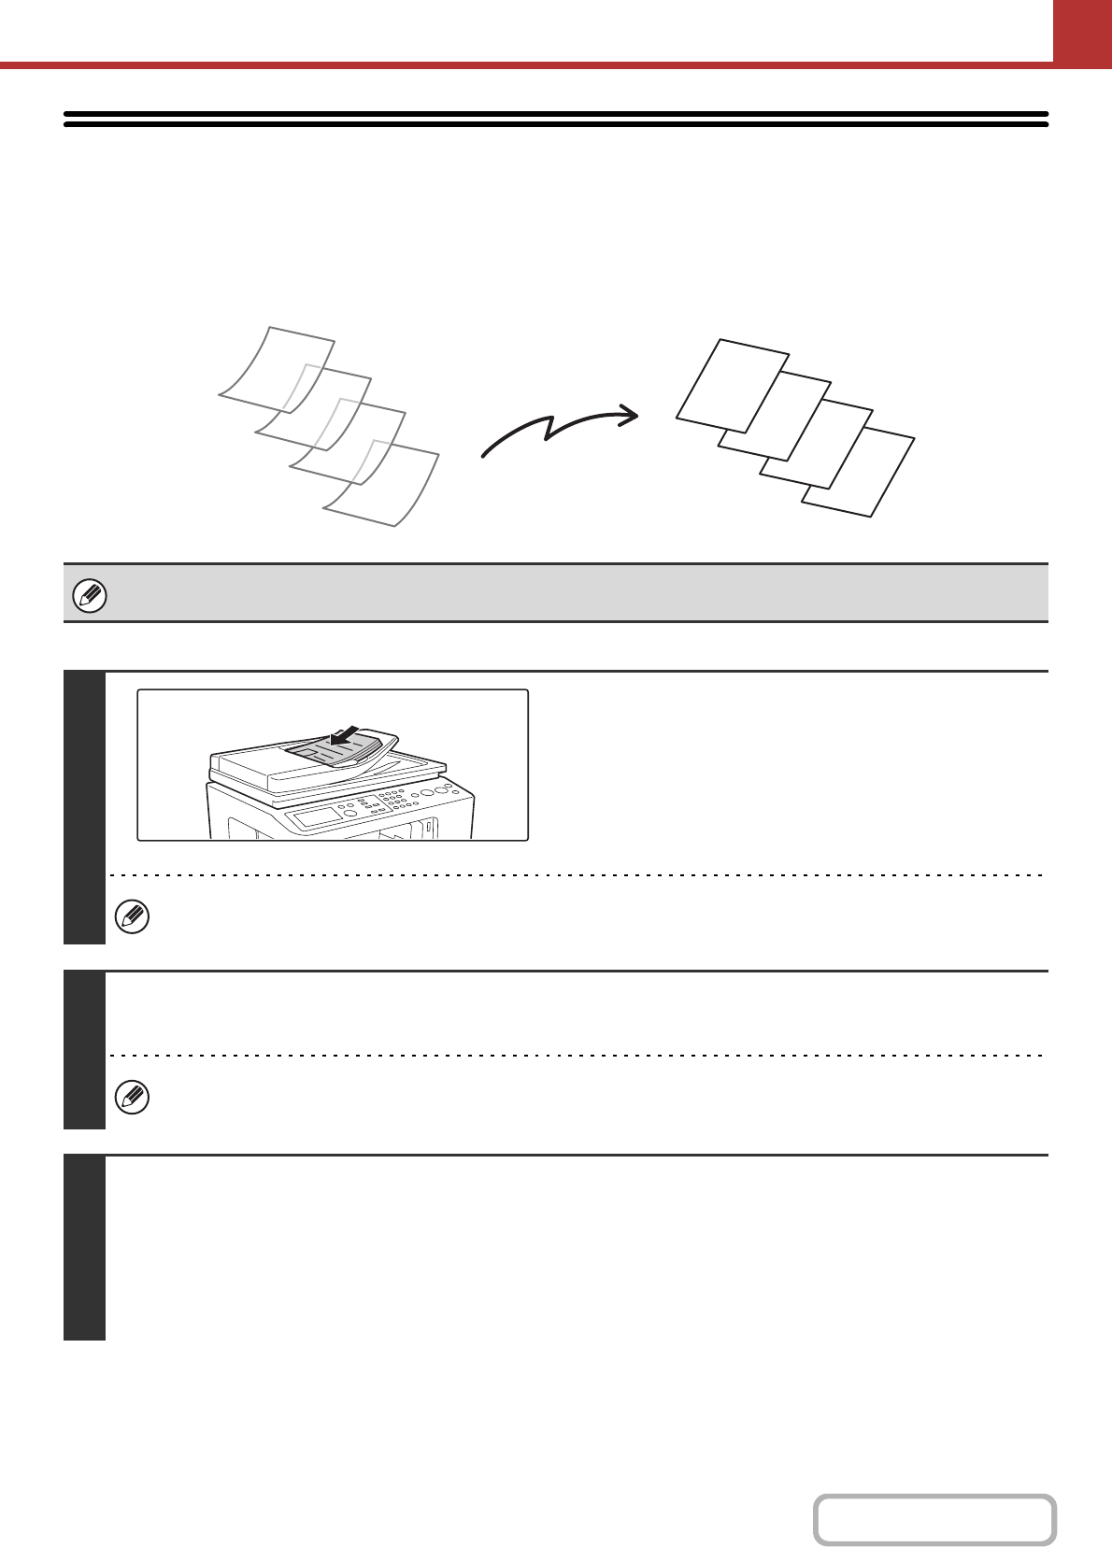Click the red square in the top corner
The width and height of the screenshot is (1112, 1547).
pos(1082,30)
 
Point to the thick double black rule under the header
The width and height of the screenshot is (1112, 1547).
pos(556,119)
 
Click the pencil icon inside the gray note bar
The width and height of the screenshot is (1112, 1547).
pos(91,594)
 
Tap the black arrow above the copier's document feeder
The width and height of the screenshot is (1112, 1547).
pos(345,737)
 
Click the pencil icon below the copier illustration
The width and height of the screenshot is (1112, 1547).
pos(132,917)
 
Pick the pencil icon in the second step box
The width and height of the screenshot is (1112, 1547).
pos(132,1097)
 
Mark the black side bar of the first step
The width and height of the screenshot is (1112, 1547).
pos(84,807)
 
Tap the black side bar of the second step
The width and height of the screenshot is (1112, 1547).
pos(84,1050)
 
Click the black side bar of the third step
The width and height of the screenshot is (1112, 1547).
pos(84,1248)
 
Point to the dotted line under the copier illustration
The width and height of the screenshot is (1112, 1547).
pos(575,875)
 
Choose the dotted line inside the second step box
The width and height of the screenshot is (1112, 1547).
pos(575,1056)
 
